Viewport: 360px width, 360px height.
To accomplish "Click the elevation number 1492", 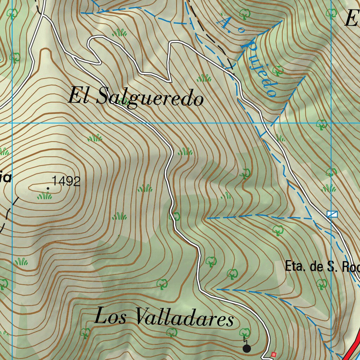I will tap(66, 181).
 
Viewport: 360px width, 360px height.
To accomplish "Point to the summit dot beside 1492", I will tap(48, 188).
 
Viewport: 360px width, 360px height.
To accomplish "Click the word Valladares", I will tap(184, 318).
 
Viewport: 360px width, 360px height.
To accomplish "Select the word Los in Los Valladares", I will tap(112, 316).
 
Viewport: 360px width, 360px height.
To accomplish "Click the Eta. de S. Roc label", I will tap(322, 267).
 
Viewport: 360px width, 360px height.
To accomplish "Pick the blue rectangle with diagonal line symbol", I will tap(332, 214).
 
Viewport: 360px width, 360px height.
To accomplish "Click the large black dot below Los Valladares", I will tap(247, 348).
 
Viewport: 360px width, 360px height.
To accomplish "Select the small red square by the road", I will tap(274, 354).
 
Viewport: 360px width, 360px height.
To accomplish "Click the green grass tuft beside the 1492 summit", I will tap(44, 195).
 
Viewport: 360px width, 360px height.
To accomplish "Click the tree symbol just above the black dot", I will tap(244, 332).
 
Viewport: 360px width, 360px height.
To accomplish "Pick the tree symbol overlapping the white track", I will tap(175, 216).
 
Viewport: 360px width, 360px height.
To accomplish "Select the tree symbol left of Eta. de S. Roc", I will tap(278, 230).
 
